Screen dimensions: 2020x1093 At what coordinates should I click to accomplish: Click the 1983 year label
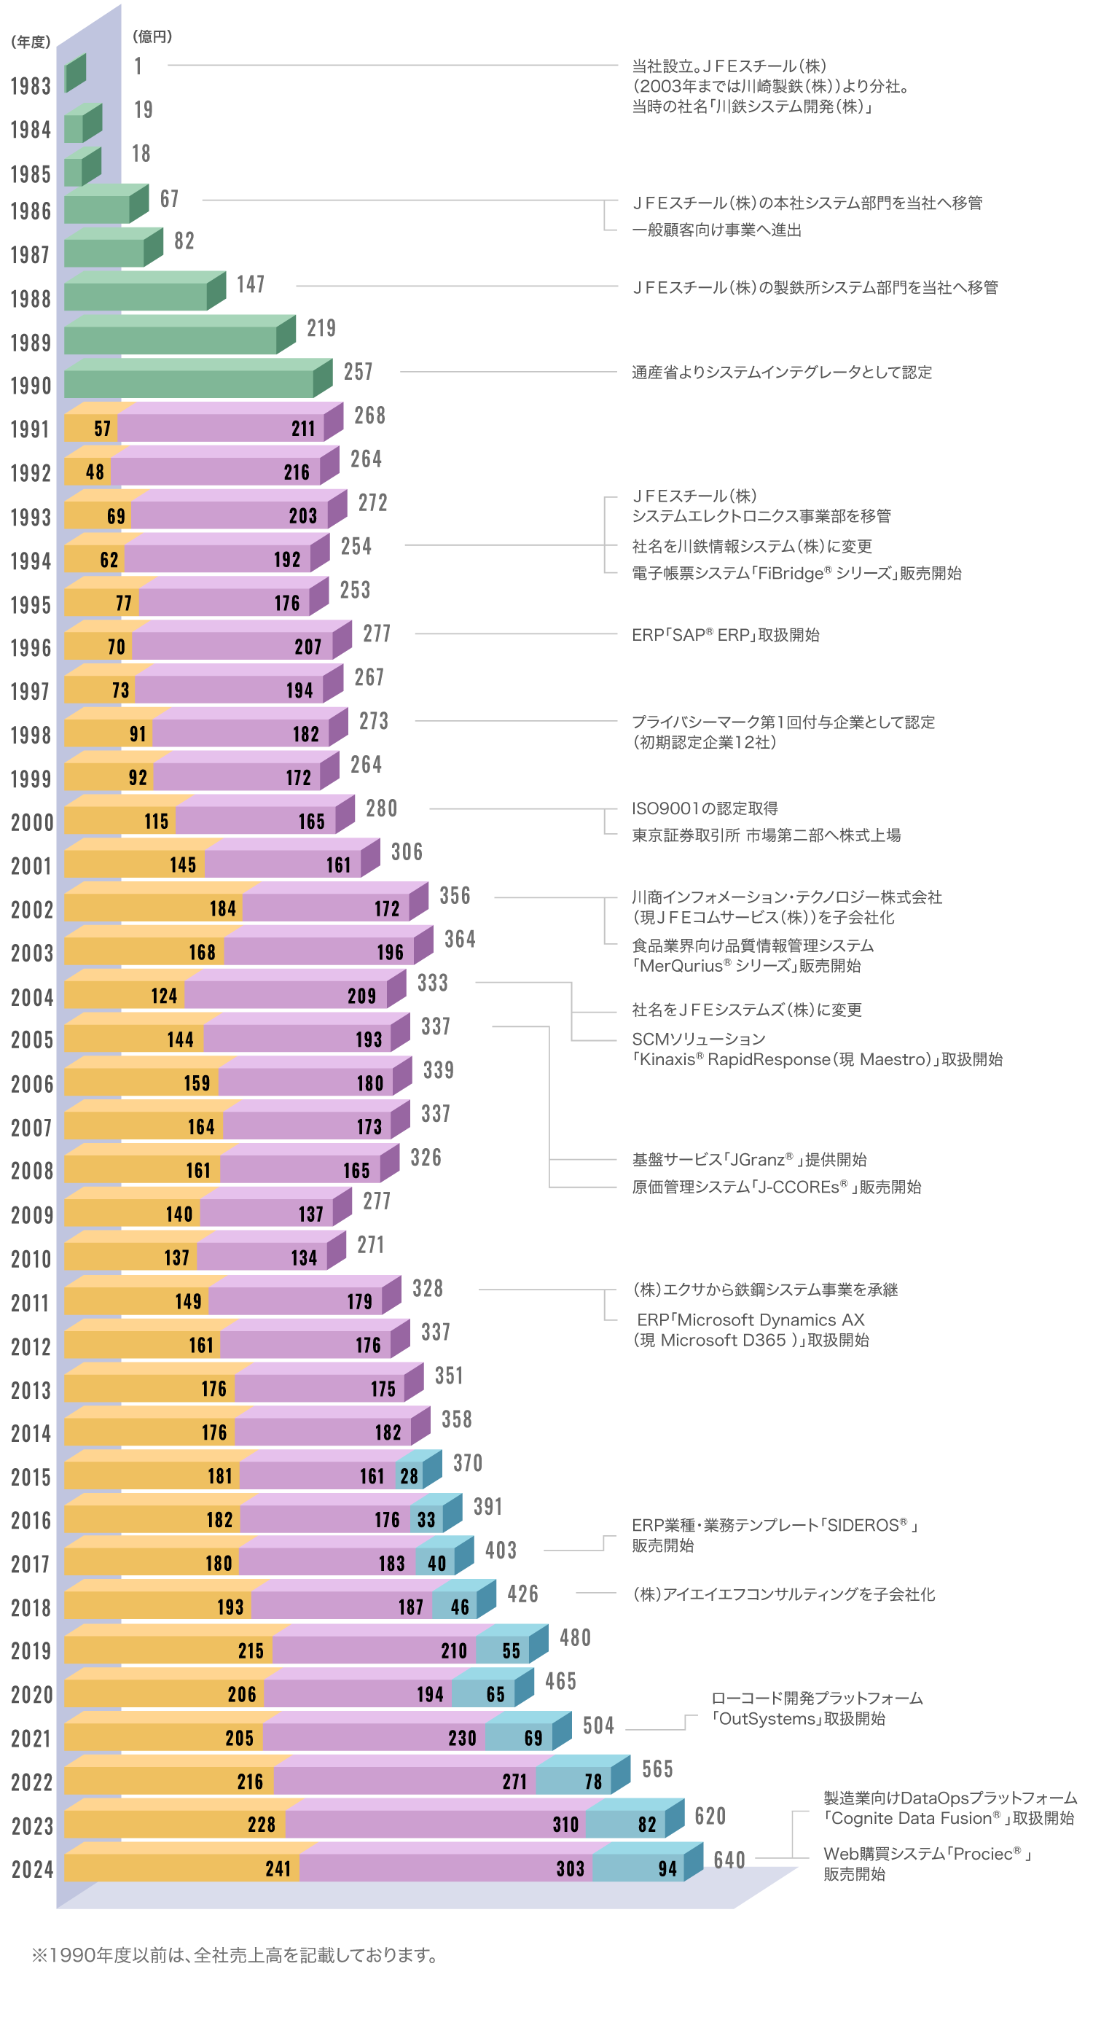click(x=30, y=86)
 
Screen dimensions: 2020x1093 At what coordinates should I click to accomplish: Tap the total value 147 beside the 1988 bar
click(x=251, y=284)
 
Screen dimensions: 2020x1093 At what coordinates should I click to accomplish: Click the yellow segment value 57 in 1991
click(x=103, y=429)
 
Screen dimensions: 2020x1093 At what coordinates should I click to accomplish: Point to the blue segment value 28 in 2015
click(x=410, y=1477)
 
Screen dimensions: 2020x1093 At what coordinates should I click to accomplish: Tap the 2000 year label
click(x=32, y=822)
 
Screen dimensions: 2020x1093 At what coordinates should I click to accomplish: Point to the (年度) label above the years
click(x=31, y=42)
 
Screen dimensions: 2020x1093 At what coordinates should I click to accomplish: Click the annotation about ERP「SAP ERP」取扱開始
click(x=725, y=635)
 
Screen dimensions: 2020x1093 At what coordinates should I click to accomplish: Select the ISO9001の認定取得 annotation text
click(x=705, y=808)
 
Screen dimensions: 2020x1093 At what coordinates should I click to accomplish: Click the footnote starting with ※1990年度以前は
click(x=235, y=1956)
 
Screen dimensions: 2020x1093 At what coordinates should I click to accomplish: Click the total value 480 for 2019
click(x=575, y=1637)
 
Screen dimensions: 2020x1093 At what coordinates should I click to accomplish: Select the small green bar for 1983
click(x=75, y=74)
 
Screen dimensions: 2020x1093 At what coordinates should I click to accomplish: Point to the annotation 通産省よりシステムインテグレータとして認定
click(x=782, y=373)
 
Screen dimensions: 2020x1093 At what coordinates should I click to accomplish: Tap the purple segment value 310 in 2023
click(x=565, y=1824)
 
